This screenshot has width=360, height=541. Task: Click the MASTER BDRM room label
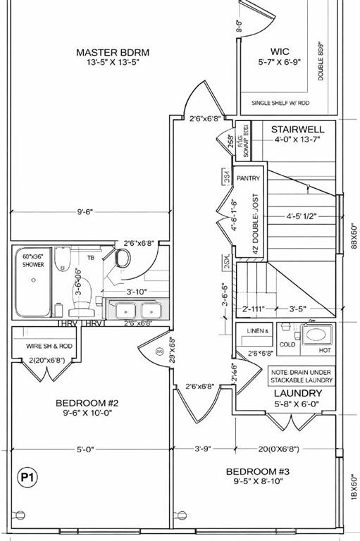coord(113,52)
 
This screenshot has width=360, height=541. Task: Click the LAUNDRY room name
coord(297,393)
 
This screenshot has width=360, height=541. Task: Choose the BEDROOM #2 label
coord(87,403)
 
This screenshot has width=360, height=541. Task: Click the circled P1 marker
coord(27,478)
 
